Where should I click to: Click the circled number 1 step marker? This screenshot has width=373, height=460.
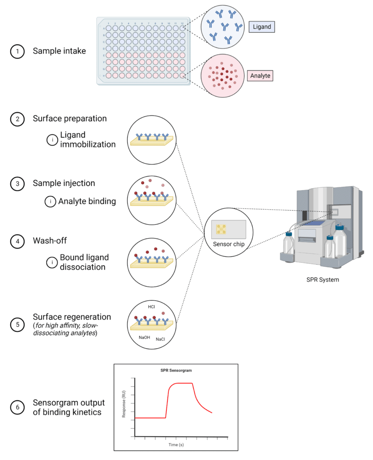[x=17, y=52]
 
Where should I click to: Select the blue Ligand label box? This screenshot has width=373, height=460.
[x=262, y=27]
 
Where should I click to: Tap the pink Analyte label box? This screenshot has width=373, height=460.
[x=260, y=75]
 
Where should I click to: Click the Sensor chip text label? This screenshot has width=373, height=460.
[x=228, y=244]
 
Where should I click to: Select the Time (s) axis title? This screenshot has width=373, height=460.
[x=176, y=445]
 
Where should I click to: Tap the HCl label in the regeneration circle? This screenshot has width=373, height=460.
[x=152, y=307]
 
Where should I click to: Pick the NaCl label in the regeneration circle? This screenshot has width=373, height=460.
[x=161, y=340]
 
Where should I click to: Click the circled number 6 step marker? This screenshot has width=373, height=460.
[x=17, y=407]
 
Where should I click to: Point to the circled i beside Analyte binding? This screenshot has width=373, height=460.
[x=51, y=201]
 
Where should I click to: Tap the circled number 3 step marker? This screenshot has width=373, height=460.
[x=17, y=184]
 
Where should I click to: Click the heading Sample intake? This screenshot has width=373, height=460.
[x=59, y=51]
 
